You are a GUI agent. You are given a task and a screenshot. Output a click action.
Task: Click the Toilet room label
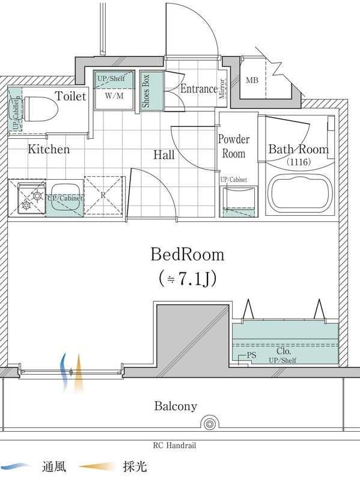click(x=71, y=96)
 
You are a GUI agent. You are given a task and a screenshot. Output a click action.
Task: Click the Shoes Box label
click(x=146, y=91)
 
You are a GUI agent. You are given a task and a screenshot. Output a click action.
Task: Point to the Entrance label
click(x=198, y=89)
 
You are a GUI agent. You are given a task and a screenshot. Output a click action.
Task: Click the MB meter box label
click(x=252, y=81)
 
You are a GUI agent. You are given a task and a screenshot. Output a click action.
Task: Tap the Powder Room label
click(x=234, y=147)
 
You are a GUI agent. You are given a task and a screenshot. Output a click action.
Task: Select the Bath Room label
click(x=298, y=149)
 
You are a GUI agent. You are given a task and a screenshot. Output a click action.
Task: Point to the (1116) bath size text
click(x=298, y=162)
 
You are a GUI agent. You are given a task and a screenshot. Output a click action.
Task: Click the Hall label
click(x=163, y=155)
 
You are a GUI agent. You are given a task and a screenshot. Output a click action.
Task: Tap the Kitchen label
click(x=49, y=149)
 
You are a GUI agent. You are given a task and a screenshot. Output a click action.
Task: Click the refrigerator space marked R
click(x=103, y=195)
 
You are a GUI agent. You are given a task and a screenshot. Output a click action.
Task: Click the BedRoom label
click(x=188, y=254)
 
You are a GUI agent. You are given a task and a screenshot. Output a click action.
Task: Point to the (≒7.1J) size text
click(x=188, y=278)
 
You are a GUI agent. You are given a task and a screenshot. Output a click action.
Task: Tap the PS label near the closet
click(x=251, y=355)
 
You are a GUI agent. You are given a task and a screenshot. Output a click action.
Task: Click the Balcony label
click(x=175, y=406)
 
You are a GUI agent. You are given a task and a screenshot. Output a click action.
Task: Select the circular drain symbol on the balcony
click(x=209, y=424)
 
